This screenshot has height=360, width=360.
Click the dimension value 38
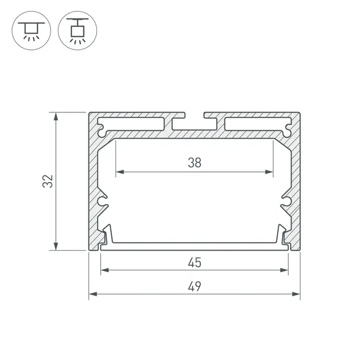pos(194,163)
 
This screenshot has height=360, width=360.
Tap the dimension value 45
pos(194,262)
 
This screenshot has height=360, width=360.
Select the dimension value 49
pos(194,286)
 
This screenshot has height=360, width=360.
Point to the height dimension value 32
pos(49,181)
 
